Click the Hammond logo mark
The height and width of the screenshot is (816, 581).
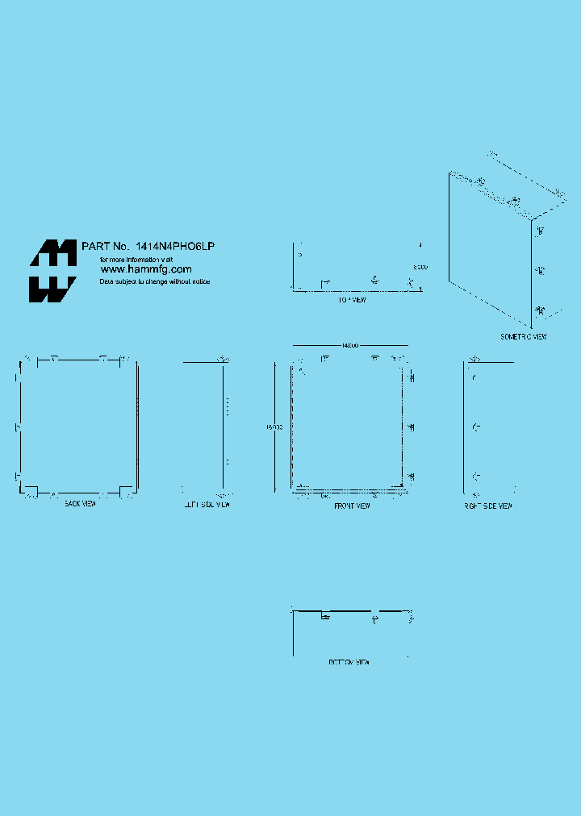[53, 271]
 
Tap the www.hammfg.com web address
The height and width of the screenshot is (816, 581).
[145, 269]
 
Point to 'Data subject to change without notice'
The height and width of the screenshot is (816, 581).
[154, 281]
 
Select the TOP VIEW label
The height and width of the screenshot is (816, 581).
[352, 300]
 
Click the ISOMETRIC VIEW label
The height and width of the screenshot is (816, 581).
[523, 336]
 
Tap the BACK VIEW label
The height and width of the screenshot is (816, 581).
[80, 504]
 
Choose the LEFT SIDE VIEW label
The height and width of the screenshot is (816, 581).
[205, 505]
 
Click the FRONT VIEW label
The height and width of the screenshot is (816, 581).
[352, 506]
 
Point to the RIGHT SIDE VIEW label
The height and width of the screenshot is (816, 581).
[488, 506]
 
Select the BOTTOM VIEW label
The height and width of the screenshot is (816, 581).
[349, 662]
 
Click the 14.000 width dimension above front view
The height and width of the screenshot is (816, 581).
[349, 346]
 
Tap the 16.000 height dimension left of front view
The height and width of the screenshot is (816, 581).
[274, 428]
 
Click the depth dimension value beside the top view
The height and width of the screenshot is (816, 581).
[420, 267]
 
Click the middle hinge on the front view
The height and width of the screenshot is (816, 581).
[412, 427]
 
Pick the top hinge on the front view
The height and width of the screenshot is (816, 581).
[412, 377]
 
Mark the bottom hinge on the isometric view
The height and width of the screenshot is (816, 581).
[540, 310]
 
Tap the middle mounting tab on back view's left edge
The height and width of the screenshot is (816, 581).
[18, 427]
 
